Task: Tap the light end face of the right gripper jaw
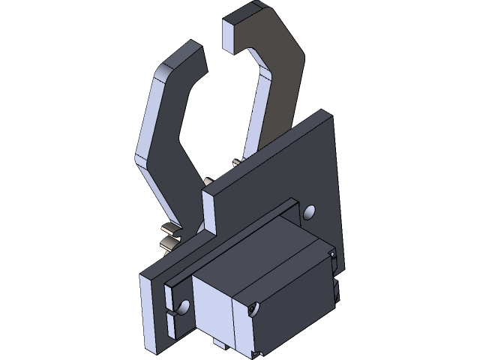(x=231, y=34)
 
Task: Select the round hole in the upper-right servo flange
(x=308, y=212)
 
